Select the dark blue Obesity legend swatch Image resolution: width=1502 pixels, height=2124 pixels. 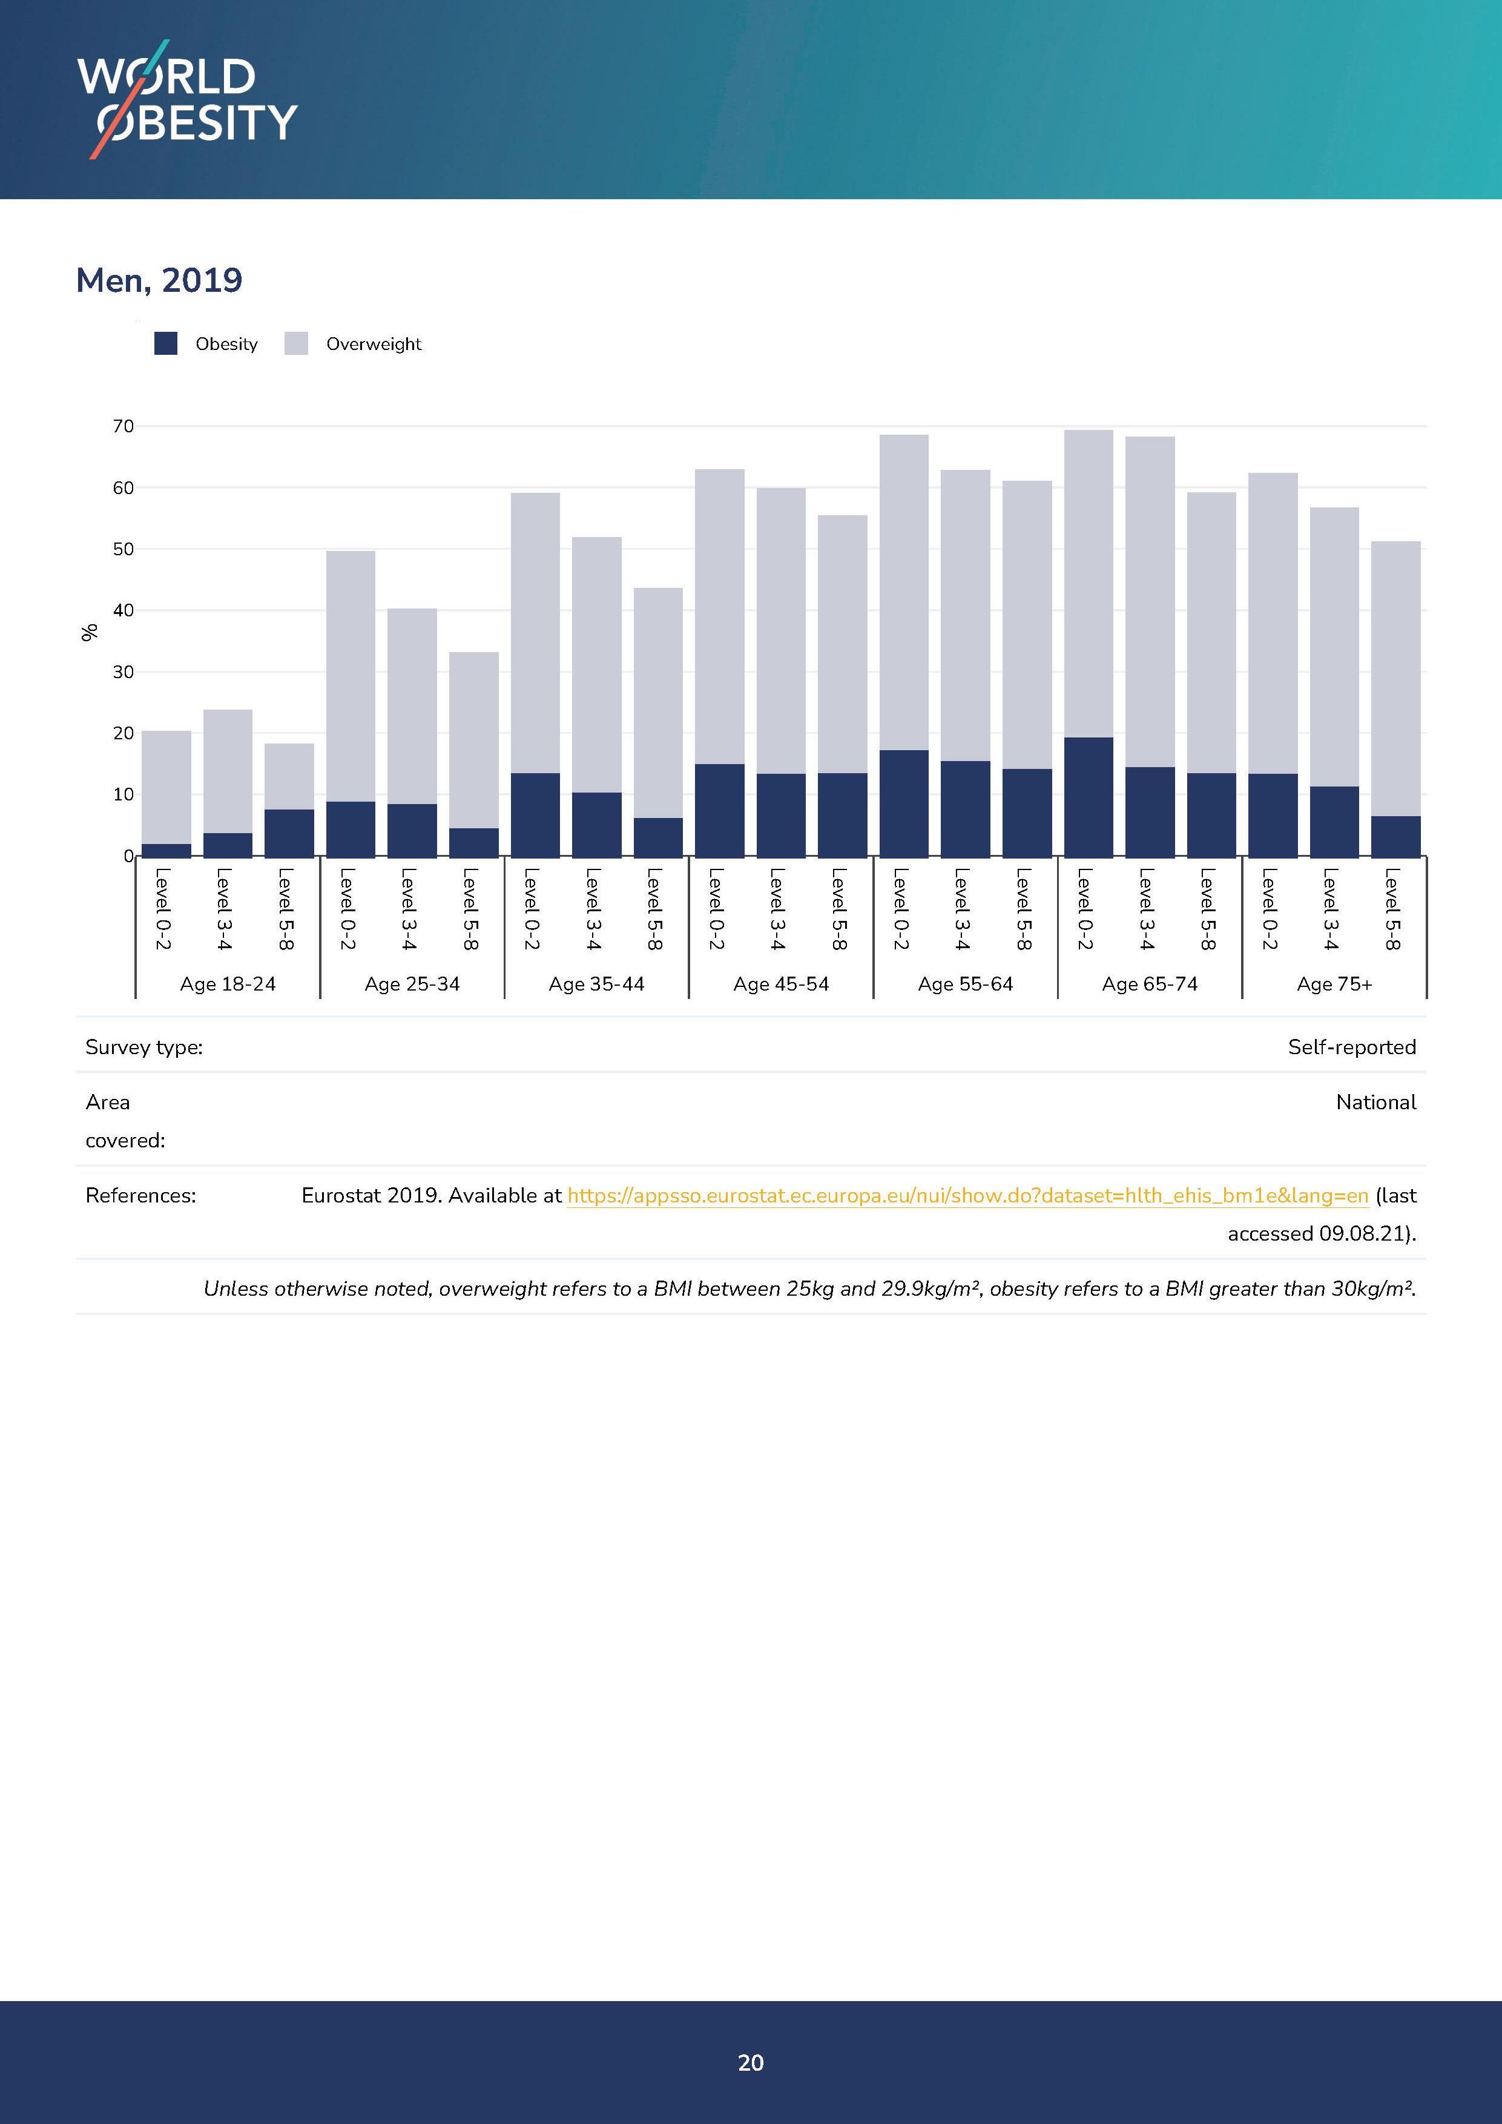coord(165,344)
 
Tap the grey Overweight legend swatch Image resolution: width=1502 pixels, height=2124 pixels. coord(296,344)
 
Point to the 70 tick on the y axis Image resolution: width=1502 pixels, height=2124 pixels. coord(123,426)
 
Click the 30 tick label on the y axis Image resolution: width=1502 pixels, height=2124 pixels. coord(123,673)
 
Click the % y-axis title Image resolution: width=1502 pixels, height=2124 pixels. coord(90,633)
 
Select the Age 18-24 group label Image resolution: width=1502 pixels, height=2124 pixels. coord(228,984)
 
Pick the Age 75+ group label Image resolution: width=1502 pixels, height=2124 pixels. coord(1334,984)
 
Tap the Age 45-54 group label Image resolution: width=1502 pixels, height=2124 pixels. coord(780,984)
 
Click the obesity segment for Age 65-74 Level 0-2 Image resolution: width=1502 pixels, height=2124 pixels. coord(1089,797)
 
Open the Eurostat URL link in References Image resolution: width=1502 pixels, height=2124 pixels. coord(967,1196)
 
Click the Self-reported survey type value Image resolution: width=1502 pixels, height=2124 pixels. coord(1351,1047)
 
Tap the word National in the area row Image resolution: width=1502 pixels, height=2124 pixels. coord(1375,1103)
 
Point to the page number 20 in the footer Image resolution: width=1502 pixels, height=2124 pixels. coord(751,2062)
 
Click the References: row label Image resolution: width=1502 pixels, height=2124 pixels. coord(140,1196)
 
